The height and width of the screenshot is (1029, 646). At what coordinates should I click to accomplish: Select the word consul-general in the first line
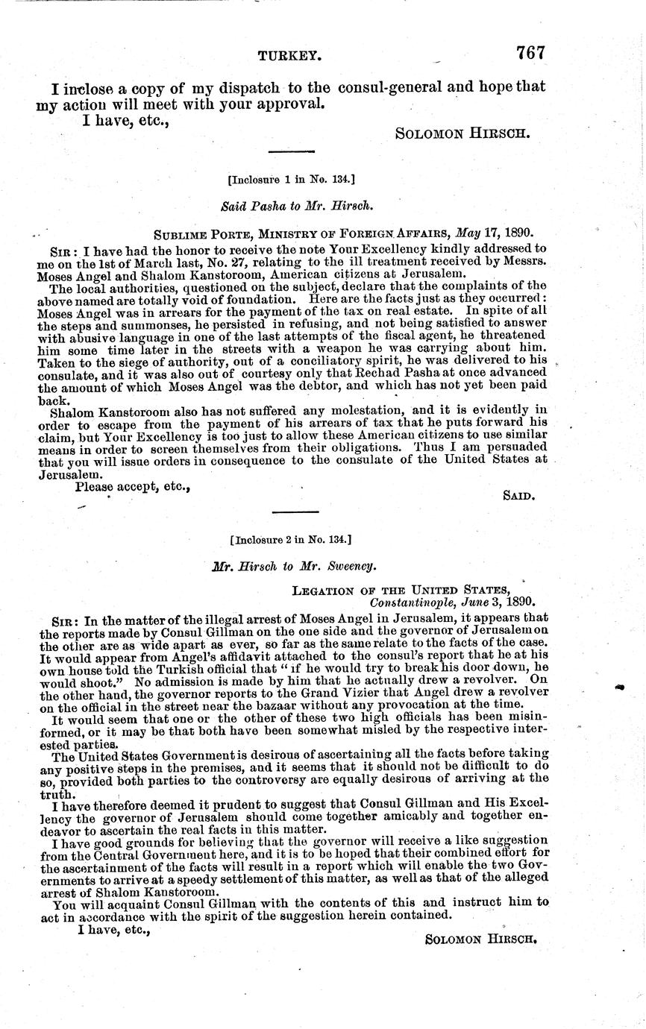click(x=387, y=86)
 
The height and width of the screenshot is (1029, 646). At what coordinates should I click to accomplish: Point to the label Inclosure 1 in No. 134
click(x=290, y=179)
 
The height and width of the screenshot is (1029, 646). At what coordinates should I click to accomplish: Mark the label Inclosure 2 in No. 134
click(x=291, y=538)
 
